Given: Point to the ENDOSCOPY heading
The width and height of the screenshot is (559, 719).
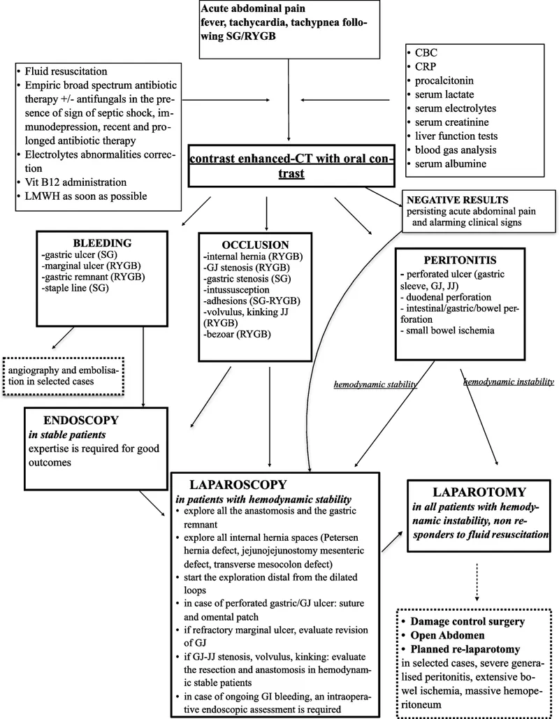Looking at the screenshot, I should point(80,422).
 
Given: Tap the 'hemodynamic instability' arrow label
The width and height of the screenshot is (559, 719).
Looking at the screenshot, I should point(508,381).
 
